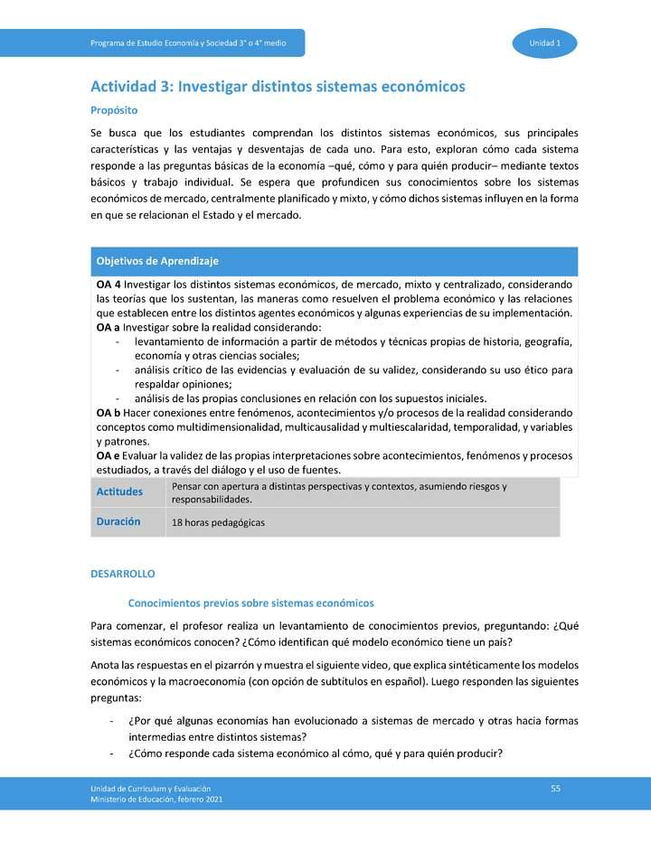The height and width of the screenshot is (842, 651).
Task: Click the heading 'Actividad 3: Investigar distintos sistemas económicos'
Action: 278,87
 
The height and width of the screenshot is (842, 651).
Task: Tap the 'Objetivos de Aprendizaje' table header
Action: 157,261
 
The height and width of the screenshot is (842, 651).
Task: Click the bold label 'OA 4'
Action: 108,284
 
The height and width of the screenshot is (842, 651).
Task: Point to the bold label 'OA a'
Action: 108,327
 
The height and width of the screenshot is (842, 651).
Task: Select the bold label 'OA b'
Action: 108,412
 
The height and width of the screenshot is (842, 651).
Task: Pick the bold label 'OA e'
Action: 108,455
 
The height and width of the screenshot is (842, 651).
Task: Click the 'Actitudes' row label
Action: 119,492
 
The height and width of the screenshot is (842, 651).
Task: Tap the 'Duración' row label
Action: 118,522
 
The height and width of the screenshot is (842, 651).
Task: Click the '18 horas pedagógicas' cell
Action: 218,523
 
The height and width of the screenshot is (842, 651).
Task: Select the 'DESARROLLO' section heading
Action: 123,574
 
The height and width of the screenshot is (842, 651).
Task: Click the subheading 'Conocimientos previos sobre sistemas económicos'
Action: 251,603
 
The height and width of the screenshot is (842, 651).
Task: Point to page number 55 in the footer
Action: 556,790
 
